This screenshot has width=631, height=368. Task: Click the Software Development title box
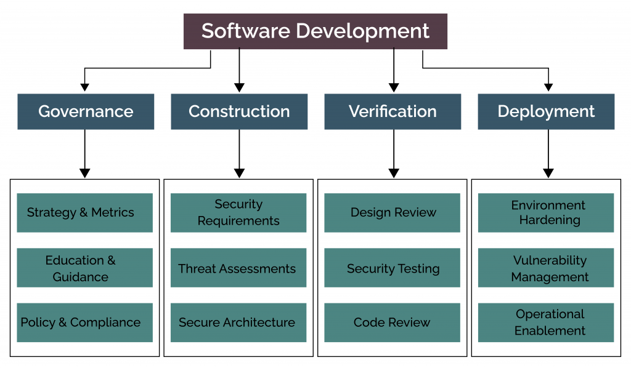[315, 31]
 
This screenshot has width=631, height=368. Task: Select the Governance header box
[86, 111]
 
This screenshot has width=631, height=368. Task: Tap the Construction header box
[239, 111]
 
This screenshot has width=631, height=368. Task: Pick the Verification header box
[393, 111]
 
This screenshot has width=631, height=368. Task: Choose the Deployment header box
[546, 111]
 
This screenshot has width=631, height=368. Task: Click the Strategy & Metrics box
[84, 213]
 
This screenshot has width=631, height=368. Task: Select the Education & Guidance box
[84, 268]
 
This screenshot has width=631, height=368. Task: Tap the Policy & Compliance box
[84, 322]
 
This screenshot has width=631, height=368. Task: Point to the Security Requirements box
[238, 213]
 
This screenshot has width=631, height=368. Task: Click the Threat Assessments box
[238, 268]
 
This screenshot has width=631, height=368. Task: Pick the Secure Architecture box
[238, 322]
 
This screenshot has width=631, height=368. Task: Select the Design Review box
[392, 213]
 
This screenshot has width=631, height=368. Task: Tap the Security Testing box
[392, 268]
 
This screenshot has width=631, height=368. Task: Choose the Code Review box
[392, 322]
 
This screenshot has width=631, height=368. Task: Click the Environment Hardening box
[546, 213]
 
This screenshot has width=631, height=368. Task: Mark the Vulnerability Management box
[546, 268]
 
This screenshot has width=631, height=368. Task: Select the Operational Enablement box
[546, 322]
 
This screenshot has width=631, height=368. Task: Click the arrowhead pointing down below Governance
[85, 173]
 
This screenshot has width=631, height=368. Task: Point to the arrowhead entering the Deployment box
[548, 87]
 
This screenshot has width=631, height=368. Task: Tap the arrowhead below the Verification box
[394, 173]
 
